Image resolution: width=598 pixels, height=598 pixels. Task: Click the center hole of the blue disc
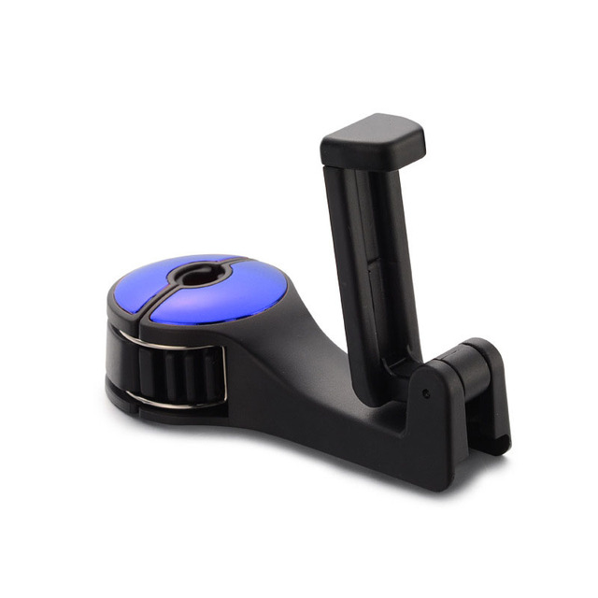point(197,276)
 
